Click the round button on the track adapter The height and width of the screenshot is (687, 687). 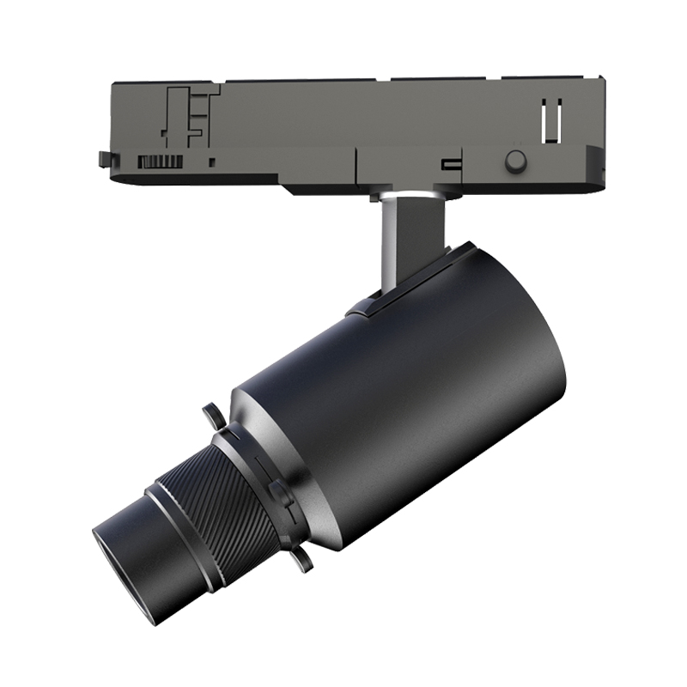[515, 161]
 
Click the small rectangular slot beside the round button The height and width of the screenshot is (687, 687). [447, 164]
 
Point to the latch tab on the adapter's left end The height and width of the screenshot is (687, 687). [104, 158]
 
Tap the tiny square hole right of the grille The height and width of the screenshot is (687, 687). [212, 161]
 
